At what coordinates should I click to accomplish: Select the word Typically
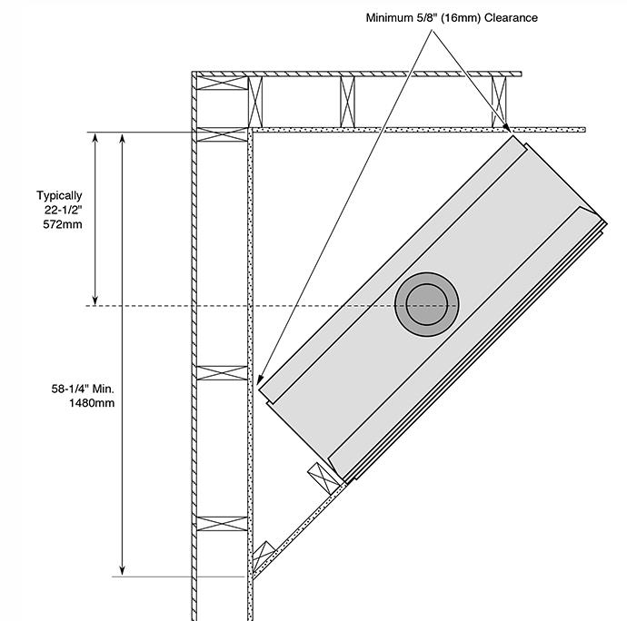coord(59,195)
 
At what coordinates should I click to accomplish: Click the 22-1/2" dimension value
coord(62,210)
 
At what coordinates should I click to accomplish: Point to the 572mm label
coord(62,224)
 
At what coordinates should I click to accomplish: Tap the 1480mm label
coord(91,403)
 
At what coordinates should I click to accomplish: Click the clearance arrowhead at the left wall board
coord(259,380)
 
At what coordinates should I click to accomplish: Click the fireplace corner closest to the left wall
coord(261,391)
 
